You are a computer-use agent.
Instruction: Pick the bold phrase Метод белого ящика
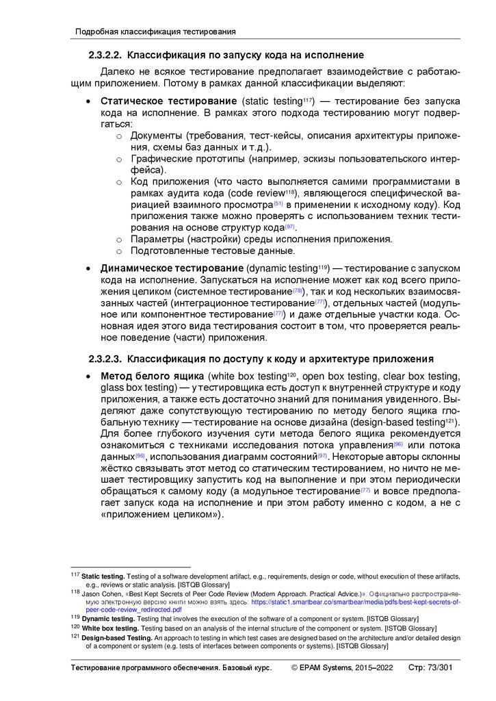pos(152,376)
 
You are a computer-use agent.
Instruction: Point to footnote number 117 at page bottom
pos(75,576)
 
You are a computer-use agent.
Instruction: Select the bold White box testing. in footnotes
pos(110,627)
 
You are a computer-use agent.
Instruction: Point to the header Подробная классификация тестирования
pos(155,31)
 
